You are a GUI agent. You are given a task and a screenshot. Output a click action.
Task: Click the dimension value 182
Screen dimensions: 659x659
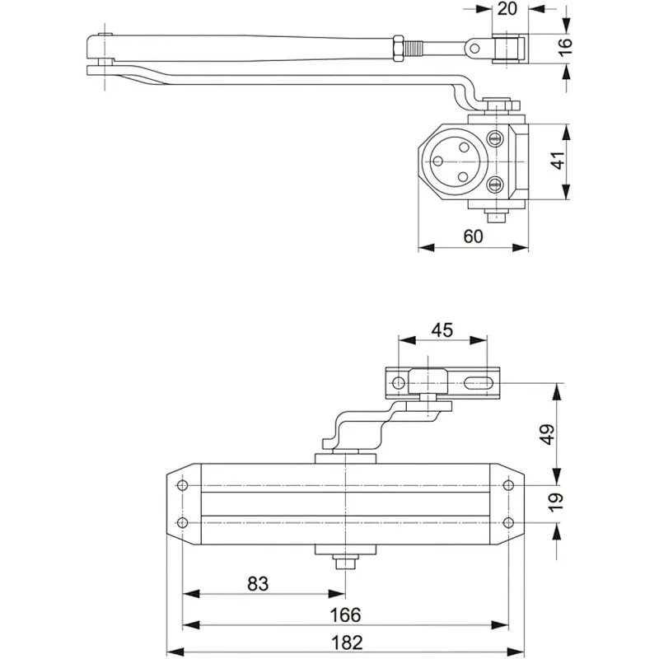(x=347, y=643)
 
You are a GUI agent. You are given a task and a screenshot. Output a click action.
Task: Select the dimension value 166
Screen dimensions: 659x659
(x=345, y=615)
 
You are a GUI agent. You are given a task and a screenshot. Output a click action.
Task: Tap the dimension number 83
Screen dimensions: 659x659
(x=258, y=583)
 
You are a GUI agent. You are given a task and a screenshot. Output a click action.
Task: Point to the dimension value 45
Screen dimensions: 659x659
(x=442, y=330)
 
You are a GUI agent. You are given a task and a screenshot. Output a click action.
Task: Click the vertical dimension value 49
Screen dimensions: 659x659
(x=548, y=434)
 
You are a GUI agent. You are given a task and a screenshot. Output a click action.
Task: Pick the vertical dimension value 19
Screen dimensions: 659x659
(x=555, y=502)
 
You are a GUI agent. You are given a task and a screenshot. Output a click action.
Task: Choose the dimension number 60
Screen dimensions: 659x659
(x=473, y=236)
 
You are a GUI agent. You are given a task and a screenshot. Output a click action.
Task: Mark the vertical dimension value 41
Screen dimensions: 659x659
(x=559, y=160)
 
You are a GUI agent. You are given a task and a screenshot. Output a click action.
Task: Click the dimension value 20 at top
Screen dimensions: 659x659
(x=507, y=8)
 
